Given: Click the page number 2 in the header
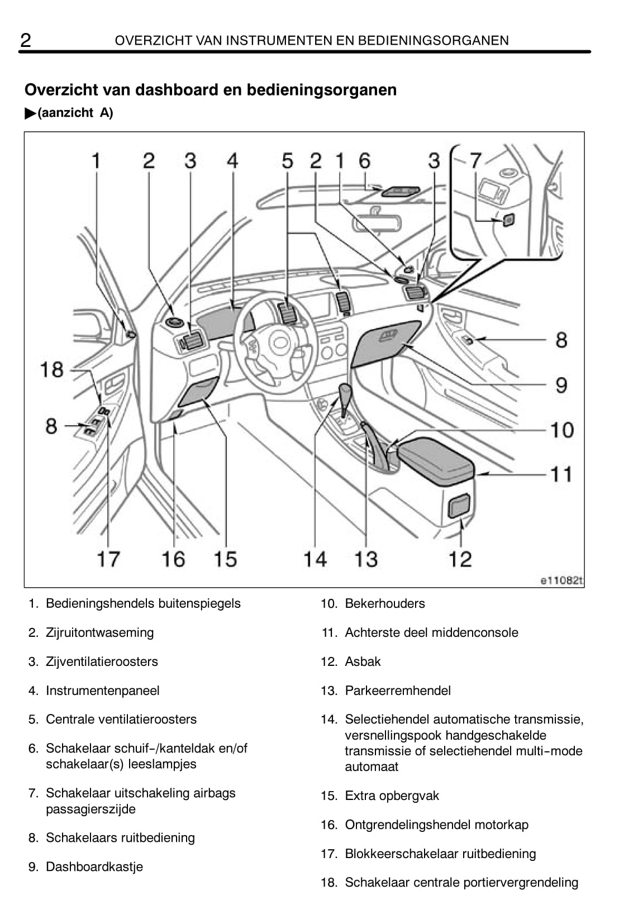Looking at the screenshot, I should click(26, 40).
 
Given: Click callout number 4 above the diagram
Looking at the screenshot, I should click(232, 161).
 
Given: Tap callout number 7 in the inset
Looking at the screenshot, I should click(475, 161).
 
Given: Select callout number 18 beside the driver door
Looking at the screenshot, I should click(52, 369).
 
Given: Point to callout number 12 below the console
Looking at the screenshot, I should click(460, 559).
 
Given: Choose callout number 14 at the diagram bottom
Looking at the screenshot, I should click(315, 559).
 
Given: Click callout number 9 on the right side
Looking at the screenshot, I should click(561, 385).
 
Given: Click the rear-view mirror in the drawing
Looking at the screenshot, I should click(376, 223).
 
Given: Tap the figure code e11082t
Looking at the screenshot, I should click(561, 580).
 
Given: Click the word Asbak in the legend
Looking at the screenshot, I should click(363, 661).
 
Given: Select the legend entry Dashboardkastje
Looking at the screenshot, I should click(94, 866).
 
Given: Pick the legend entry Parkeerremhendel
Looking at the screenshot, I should click(397, 690).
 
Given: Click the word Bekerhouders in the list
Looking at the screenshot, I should click(384, 603).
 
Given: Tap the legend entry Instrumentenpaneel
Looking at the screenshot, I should click(102, 690).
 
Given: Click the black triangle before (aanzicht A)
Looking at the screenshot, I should click(30, 113).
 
